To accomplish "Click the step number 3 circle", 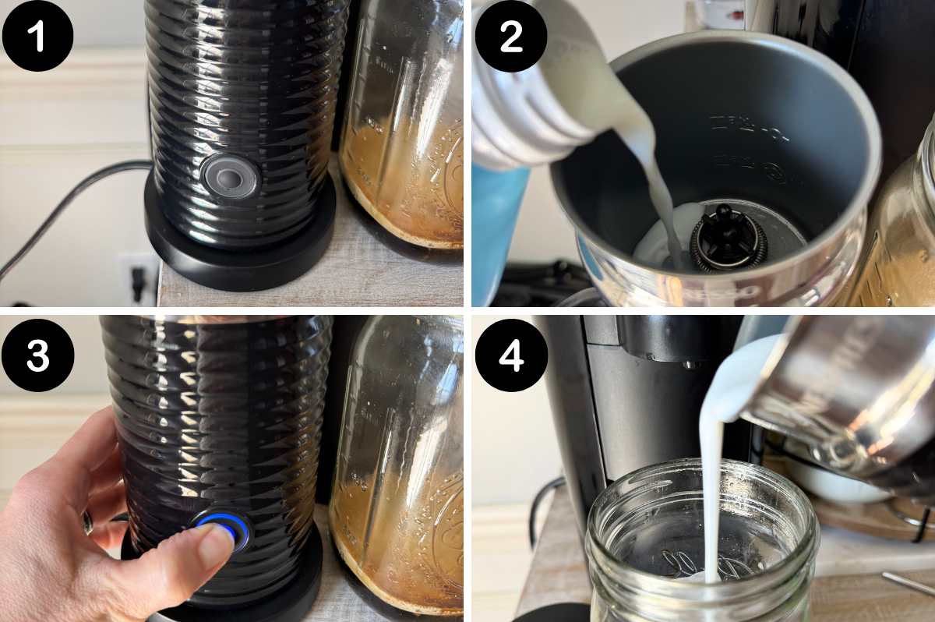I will [37, 355].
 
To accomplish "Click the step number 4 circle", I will [510, 355].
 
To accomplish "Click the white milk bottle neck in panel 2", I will [530, 86].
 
